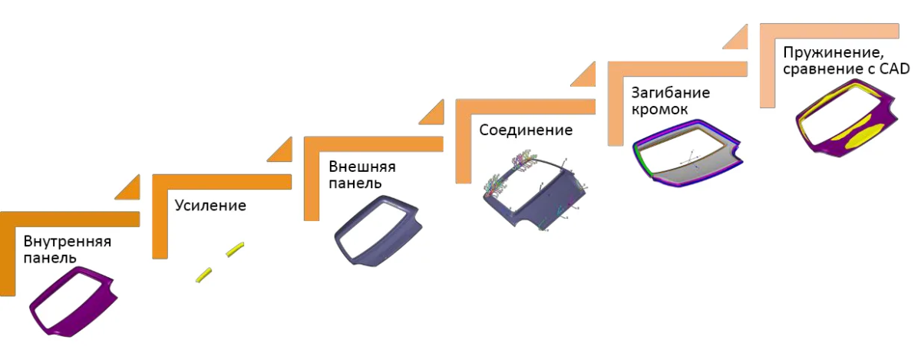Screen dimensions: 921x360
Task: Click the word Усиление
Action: [x=210, y=205]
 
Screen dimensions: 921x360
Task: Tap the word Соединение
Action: [x=526, y=130]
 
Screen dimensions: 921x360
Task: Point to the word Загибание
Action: [x=671, y=93]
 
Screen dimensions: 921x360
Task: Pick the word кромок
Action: [x=659, y=110]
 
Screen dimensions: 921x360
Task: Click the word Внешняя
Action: [x=361, y=167]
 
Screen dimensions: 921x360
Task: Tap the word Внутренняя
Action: [x=68, y=241]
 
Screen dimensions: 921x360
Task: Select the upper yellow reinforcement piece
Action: [x=235, y=249]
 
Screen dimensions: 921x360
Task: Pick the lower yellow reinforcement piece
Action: [x=203, y=275]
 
